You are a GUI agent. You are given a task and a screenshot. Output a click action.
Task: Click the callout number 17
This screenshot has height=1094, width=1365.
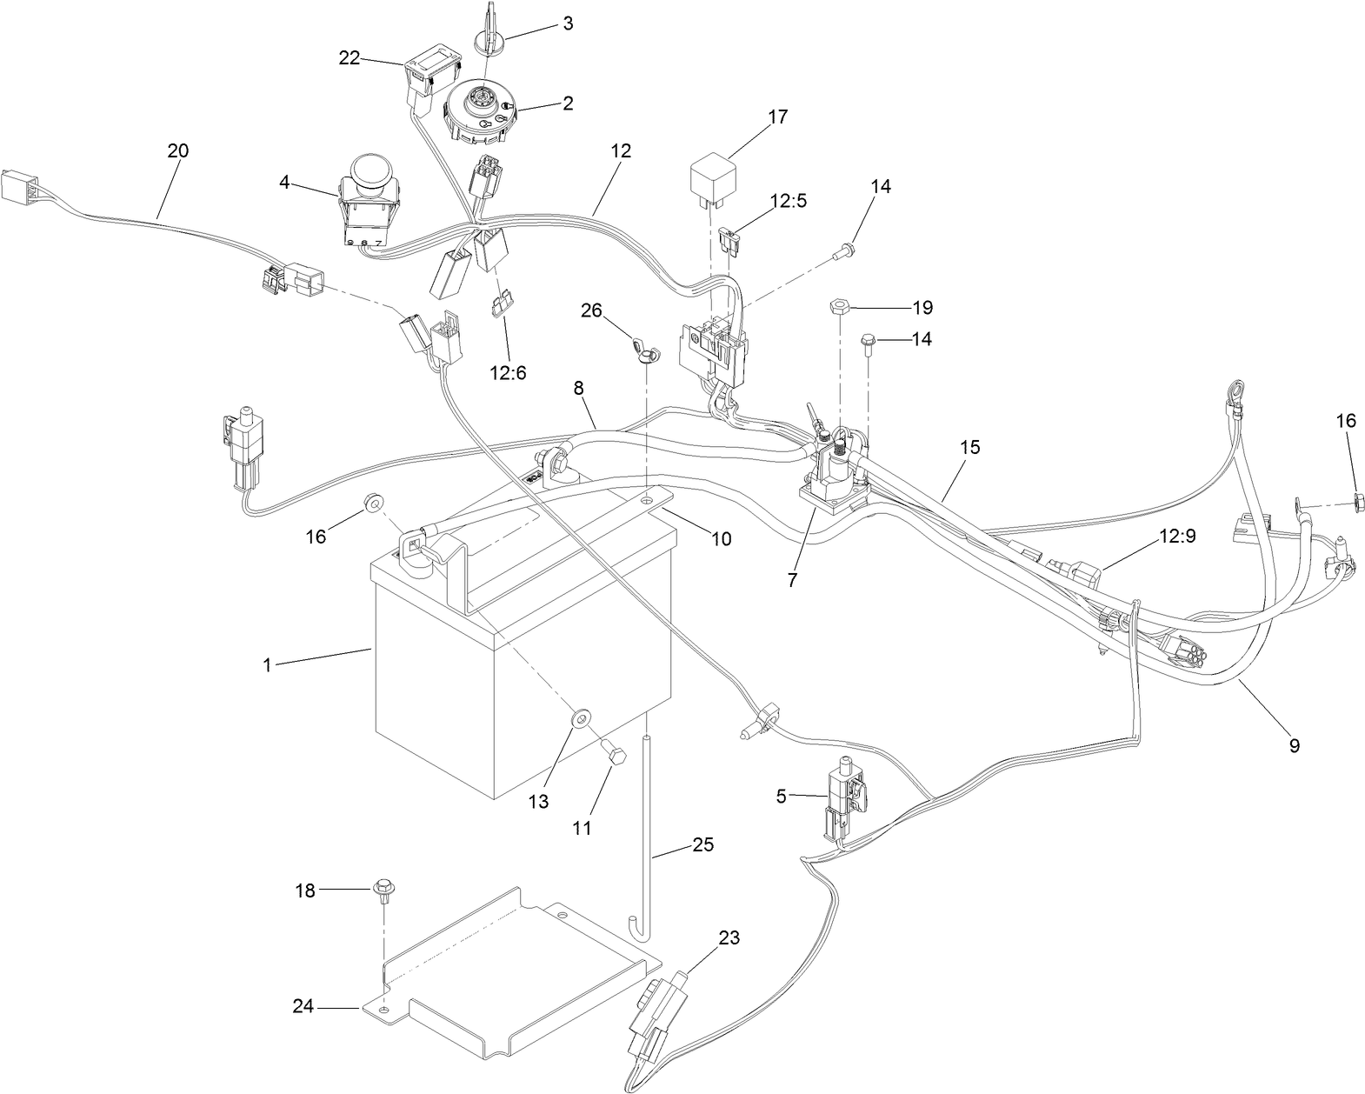[x=778, y=117]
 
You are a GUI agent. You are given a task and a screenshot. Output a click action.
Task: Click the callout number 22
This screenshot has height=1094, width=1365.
[x=350, y=58]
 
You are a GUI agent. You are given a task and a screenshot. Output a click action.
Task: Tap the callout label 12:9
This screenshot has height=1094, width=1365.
[x=1176, y=536]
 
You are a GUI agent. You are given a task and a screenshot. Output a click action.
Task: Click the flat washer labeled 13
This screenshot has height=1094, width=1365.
[x=579, y=719]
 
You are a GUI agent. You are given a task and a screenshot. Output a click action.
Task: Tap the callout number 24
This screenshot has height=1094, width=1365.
[x=303, y=1007]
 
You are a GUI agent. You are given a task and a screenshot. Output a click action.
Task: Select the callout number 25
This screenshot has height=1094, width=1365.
[x=703, y=844]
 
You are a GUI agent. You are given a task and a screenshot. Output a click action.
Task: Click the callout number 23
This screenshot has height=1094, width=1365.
[x=729, y=937]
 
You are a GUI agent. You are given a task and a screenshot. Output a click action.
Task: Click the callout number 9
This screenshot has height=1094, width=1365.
[x=1294, y=745]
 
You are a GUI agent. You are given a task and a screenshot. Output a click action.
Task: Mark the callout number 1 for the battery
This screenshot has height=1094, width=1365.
[x=267, y=664]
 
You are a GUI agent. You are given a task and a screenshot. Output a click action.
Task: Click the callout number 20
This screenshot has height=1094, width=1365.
[x=177, y=150]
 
